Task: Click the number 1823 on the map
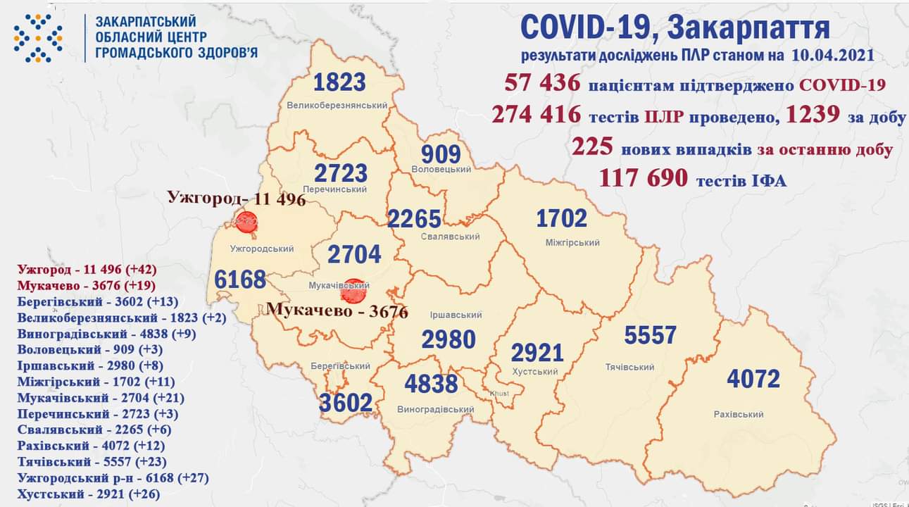(x=339, y=82)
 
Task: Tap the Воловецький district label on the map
(x=441, y=170)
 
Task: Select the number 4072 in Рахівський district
(x=753, y=380)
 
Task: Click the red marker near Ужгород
(x=246, y=223)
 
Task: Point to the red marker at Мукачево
(x=356, y=289)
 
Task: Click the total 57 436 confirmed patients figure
(x=543, y=83)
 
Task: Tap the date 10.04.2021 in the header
(x=837, y=56)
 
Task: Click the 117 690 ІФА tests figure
(x=643, y=178)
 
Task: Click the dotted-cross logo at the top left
(x=38, y=38)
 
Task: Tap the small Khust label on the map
(x=497, y=394)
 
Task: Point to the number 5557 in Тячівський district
(x=650, y=335)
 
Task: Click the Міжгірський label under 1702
(x=572, y=243)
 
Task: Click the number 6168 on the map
(x=241, y=279)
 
